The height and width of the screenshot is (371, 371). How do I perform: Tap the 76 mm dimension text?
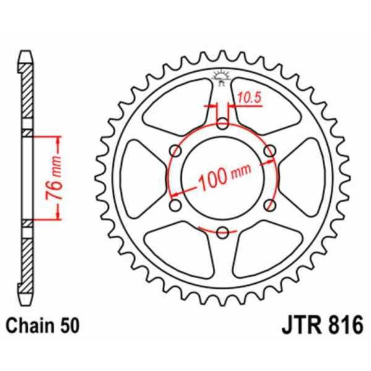click(x=55, y=176)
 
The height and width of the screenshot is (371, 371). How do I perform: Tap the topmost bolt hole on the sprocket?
click(x=223, y=124)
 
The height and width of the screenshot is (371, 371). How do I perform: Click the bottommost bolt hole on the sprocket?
click(x=223, y=232)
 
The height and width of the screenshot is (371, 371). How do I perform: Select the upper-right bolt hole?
click(x=270, y=151)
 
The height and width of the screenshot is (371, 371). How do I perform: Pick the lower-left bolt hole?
click(x=176, y=205)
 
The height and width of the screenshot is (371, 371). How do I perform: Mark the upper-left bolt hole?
click(x=176, y=151)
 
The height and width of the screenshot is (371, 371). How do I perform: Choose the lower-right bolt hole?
click(x=270, y=205)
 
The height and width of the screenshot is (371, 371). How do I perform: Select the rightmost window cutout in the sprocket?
click(x=306, y=177)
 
